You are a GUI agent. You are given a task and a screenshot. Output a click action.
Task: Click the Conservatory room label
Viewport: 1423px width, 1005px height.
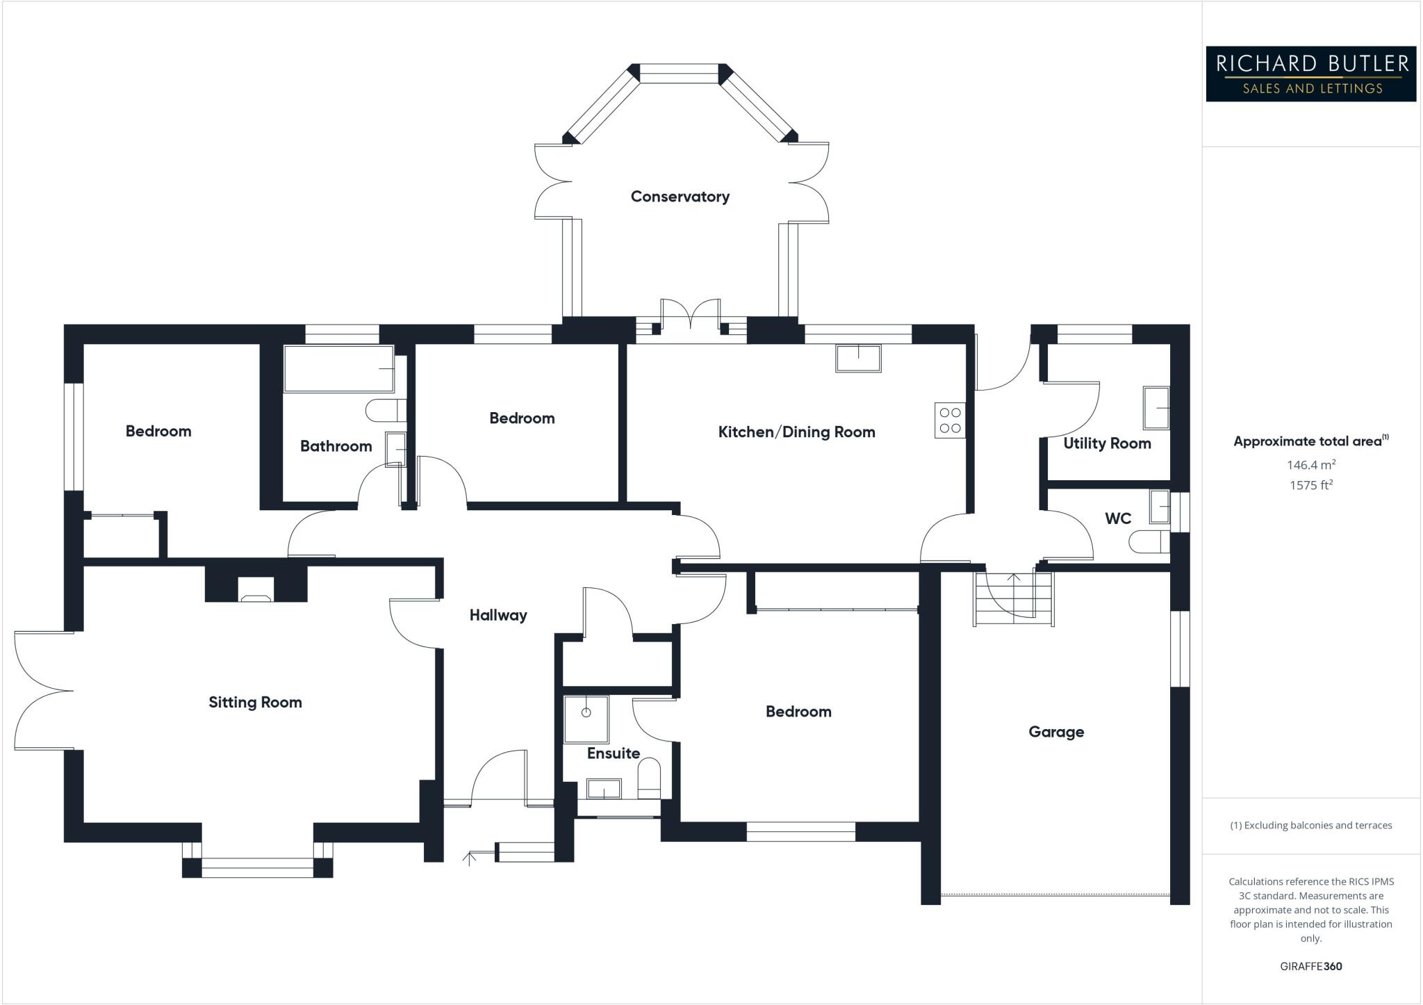(680, 197)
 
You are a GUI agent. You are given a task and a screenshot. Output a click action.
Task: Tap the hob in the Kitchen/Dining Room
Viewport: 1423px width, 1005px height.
(950, 420)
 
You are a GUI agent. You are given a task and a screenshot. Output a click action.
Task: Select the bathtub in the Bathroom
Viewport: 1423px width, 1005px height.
(338, 368)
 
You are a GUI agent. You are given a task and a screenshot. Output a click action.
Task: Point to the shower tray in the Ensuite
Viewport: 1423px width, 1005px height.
(586, 719)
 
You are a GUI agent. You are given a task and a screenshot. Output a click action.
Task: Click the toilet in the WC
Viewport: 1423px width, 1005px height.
(1149, 541)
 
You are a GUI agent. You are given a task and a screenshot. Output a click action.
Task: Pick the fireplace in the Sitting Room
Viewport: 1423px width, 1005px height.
(256, 589)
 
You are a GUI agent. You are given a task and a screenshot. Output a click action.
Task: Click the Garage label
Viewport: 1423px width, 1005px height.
(1056, 732)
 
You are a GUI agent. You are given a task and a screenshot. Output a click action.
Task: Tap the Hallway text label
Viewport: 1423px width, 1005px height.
(498, 615)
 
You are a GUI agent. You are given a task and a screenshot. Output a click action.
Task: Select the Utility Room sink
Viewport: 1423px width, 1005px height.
(1156, 407)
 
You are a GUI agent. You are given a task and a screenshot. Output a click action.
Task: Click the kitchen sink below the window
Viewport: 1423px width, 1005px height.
(858, 358)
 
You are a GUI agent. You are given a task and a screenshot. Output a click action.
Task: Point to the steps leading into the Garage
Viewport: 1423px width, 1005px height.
(1014, 598)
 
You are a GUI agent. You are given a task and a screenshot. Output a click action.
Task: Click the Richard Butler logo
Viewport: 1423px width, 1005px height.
(1310, 74)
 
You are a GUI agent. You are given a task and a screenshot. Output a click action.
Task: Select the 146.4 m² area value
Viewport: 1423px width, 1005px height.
(1310, 465)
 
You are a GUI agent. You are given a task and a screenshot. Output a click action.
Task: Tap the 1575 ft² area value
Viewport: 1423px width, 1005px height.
(1310, 485)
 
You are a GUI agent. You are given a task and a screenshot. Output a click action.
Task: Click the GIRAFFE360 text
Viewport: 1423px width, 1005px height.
(1310, 966)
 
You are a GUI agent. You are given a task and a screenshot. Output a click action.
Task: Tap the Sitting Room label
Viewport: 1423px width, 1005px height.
(255, 703)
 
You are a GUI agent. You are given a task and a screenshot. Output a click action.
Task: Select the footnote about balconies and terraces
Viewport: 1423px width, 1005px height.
(1310, 826)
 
